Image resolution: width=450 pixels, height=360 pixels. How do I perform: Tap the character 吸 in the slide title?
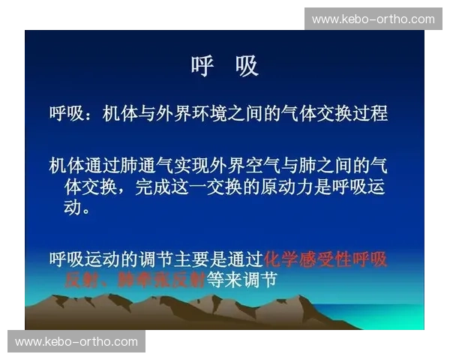(246, 67)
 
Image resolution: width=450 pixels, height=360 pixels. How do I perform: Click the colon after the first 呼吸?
(90, 115)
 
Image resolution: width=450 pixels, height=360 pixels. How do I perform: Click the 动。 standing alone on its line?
(81, 207)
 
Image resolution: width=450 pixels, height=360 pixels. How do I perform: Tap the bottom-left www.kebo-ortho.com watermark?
(76, 342)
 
